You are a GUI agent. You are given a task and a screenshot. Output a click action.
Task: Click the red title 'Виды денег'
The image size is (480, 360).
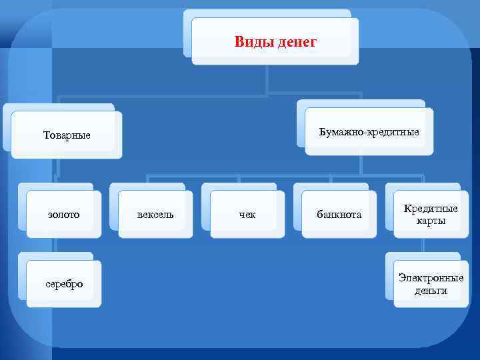[275, 43]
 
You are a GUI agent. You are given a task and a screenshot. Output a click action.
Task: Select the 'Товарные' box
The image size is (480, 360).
[67, 135]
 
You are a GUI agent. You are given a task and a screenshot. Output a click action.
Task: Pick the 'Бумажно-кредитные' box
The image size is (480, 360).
[369, 132]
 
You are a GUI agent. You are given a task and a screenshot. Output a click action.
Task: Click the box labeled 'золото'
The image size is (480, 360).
[64, 214]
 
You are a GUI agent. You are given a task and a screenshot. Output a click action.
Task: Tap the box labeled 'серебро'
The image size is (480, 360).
[64, 283]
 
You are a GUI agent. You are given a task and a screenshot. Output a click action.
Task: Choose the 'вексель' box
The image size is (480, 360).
[155, 214]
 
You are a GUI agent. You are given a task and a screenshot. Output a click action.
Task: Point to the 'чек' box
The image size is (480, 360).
[247, 214]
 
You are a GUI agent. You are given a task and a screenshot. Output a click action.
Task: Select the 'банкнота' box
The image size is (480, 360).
[339, 214]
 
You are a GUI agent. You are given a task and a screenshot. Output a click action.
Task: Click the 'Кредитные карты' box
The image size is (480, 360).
[431, 214]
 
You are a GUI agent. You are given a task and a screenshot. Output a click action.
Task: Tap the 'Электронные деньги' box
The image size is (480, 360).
[431, 283]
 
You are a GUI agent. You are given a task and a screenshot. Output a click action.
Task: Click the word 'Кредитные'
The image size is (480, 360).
[431, 209]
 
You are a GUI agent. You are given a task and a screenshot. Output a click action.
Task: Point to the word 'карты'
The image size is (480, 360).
[431, 221]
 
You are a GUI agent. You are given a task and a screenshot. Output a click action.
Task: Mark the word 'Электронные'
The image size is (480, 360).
[431, 277]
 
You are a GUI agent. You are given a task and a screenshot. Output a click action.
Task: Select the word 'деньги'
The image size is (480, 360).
[431, 290]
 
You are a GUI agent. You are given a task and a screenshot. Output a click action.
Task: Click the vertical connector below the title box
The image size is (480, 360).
[267, 79]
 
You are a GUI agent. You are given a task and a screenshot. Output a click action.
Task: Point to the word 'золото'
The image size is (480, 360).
[64, 214]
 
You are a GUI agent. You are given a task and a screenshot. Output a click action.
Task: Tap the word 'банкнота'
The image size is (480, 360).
[339, 214]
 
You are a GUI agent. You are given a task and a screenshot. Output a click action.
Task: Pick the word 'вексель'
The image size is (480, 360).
[155, 214]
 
